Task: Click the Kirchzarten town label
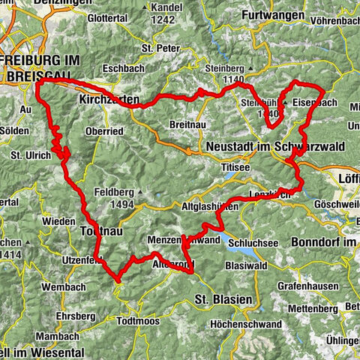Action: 107,98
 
